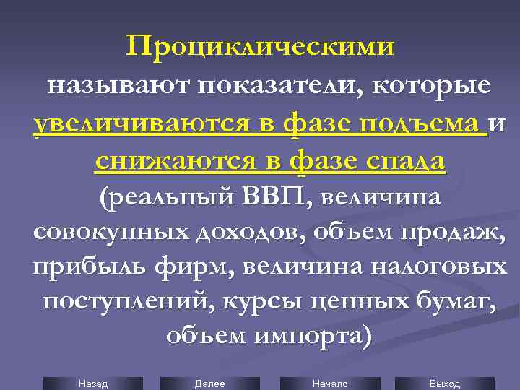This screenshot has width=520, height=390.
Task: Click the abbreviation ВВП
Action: [x=274, y=196]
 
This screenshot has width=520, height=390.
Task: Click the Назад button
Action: [x=92, y=383]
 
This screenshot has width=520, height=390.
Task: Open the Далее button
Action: [x=210, y=383]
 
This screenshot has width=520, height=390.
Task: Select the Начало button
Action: [x=330, y=383]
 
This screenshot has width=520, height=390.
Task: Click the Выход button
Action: [x=444, y=383]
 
